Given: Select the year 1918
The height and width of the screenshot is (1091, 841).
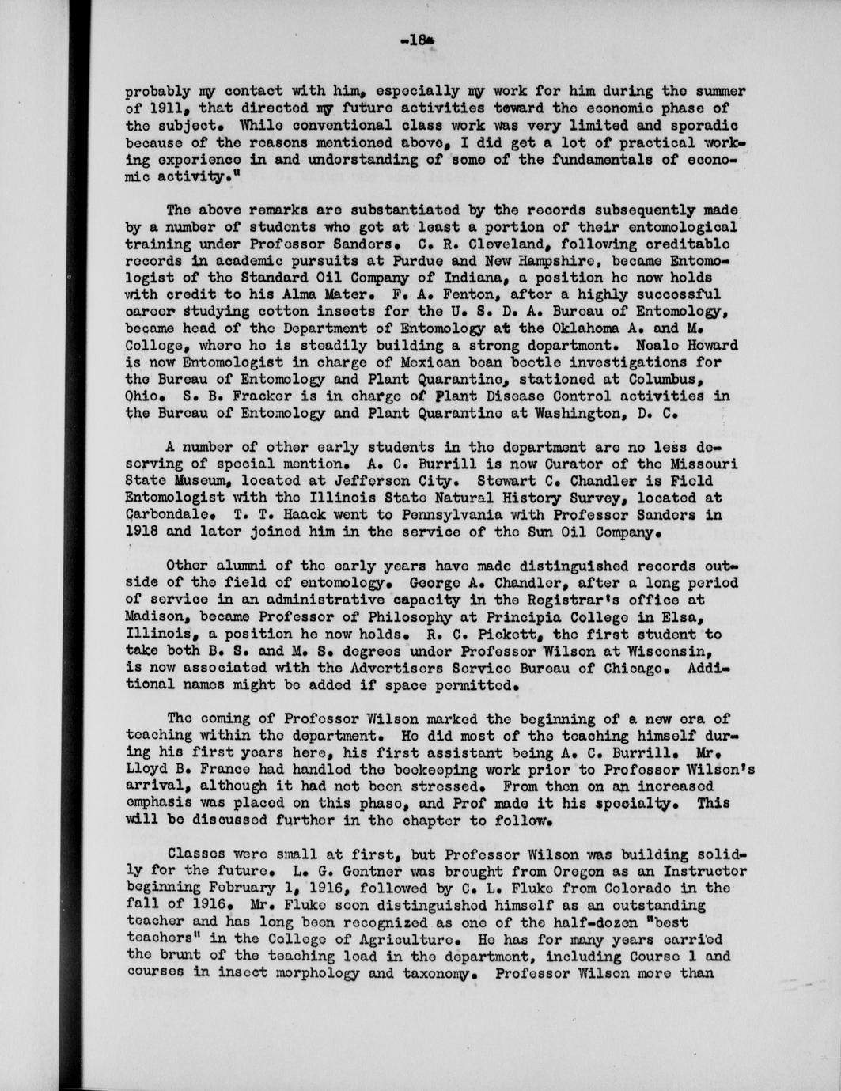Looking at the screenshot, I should point(142,533).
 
